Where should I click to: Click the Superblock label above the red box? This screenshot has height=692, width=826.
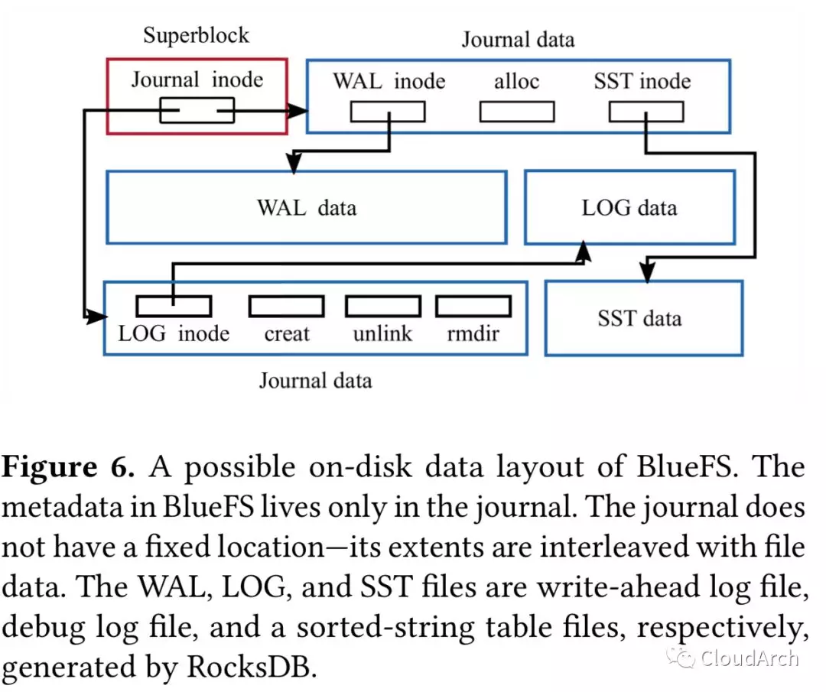pos(197,36)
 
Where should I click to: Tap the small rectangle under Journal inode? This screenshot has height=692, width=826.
pos(197,112)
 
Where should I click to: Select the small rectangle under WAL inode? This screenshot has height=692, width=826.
pos(388,112)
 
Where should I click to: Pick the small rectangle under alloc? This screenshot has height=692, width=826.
pos(516,112)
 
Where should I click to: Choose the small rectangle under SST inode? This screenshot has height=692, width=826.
pos(646,112)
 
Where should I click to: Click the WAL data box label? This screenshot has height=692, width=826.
pos(306,207)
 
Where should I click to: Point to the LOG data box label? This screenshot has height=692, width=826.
pos(629,207)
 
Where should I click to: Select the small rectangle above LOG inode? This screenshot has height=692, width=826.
pos(173,306)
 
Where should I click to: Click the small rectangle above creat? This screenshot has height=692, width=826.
pos(286,306)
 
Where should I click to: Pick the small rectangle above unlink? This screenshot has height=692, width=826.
pos(382,306)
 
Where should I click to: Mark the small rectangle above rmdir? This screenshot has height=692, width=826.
pos(473,306)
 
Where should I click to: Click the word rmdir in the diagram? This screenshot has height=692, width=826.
pos(473,333)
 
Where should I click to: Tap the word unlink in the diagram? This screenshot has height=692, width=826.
pos(382,333)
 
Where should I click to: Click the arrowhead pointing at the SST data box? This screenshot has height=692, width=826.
pos(648,273)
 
